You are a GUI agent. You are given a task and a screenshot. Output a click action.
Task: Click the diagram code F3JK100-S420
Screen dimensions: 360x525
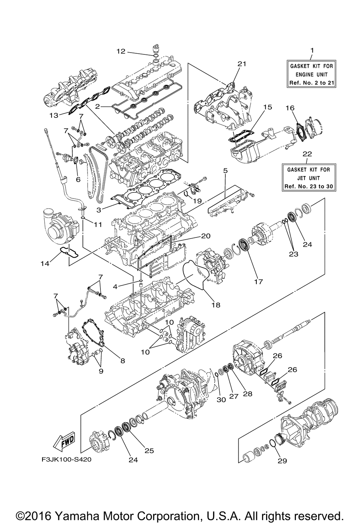click(67, 465)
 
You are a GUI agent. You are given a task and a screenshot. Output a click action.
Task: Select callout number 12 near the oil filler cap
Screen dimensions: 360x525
click(121, 51)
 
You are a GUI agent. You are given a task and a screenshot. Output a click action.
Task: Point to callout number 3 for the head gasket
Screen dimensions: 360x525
click(99, 210)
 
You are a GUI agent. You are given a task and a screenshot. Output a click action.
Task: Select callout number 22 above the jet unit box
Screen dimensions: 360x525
click(307, 154)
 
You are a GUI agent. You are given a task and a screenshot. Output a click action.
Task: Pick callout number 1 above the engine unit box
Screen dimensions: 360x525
click(312, 50)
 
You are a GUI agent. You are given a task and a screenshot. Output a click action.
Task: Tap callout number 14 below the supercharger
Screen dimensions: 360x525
click(45, 264)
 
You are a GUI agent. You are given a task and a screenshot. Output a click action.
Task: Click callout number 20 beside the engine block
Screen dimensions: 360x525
click(206, 236)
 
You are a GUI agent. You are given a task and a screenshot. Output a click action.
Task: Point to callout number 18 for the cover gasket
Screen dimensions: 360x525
click(216, 305)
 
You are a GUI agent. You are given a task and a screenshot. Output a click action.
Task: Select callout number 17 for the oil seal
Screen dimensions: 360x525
click(259, 281)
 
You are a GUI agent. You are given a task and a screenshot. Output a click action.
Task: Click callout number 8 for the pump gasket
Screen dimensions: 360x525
click(123, 361)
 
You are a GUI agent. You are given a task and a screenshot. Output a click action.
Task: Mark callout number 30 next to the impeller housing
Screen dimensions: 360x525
click(221, 399)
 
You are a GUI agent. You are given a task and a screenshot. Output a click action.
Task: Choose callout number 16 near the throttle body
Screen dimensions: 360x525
click(290, 108)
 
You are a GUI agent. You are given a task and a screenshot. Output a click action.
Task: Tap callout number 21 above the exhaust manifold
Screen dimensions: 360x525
click(242, 64)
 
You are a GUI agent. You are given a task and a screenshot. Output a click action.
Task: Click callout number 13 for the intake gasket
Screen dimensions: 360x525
click(54, 115)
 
